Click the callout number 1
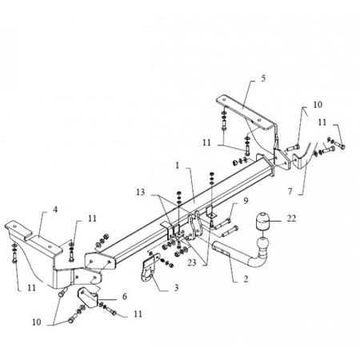(178, 166)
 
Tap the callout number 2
(246, 279)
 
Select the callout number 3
(176, 288)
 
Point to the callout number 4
(55, 210)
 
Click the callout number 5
(263, 78)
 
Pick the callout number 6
(125, 296)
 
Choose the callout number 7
(290, 191)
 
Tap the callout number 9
(246, 201)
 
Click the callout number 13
(141, 192)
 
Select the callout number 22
(291, 218)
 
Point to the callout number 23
(192, 263)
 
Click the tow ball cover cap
(262, 221)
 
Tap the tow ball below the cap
(262, 245)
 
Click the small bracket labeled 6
(87, 298)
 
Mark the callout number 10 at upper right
(318, 105)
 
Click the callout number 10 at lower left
(37, 322)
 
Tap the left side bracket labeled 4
(40, 250)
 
